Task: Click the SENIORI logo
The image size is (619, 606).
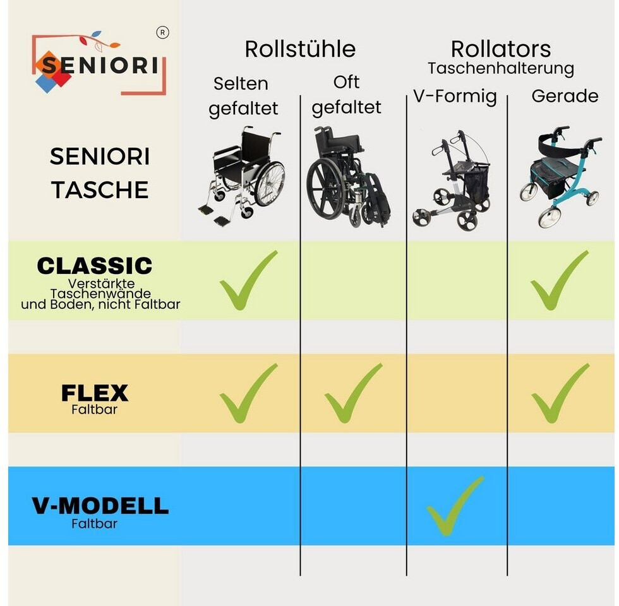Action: point(99,64)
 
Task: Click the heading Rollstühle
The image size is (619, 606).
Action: point(300,49)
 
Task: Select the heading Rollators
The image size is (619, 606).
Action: point(501,49)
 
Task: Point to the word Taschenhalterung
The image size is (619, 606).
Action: point(501,68)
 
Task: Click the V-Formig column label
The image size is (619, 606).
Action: point(455,97)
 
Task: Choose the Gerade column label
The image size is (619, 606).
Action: point(565,96)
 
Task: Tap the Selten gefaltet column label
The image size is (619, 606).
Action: point(243,96)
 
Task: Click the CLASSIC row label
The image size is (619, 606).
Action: point(95,266)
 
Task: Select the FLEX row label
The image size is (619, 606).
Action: point(95,393)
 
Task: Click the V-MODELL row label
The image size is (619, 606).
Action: point(100,506)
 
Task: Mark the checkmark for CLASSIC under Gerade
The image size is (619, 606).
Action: point(559,281)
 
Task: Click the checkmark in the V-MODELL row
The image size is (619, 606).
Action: point(454,506)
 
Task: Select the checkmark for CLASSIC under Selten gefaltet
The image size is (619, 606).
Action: point(248,281)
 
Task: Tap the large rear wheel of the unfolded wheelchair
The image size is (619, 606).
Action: point(269,184)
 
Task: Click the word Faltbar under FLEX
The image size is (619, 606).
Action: point(94,409)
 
